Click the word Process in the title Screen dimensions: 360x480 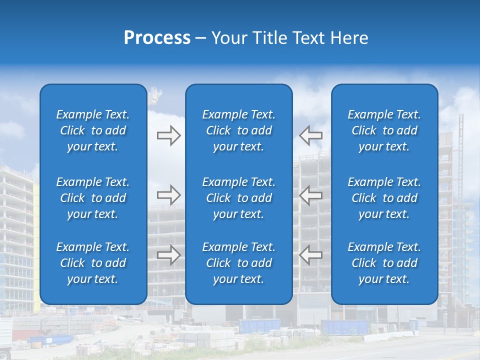click(x=157, y=38)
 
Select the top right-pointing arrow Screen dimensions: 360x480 click(x=168, y=135)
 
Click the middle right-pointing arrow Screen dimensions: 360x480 click(x=168, y=195)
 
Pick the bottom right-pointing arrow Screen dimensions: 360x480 click(x=168, y=255)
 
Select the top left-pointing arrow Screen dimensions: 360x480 click(x=310, y=135)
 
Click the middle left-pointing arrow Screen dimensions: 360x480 click(x=310, y=195)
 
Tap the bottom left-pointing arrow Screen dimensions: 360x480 click(x=310, y=255)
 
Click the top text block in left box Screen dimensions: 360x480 click(x=93, y=130)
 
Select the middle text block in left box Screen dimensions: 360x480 click(x=93, y=198)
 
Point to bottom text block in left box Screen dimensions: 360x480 click(x=93, y=263)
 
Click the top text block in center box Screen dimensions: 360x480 click(x=239, y=130)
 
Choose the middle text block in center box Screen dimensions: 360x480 click(x=239, y=198)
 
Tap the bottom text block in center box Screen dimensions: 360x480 click(x=239, y=263)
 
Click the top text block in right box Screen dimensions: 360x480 click(x=384, y=130)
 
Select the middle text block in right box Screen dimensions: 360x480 click(x=384, y=198)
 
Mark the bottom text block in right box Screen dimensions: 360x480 click(x=384, y=263)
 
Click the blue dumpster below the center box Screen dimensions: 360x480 click(x=259, y=326)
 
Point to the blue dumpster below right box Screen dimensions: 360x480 click(x=345, y=327)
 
